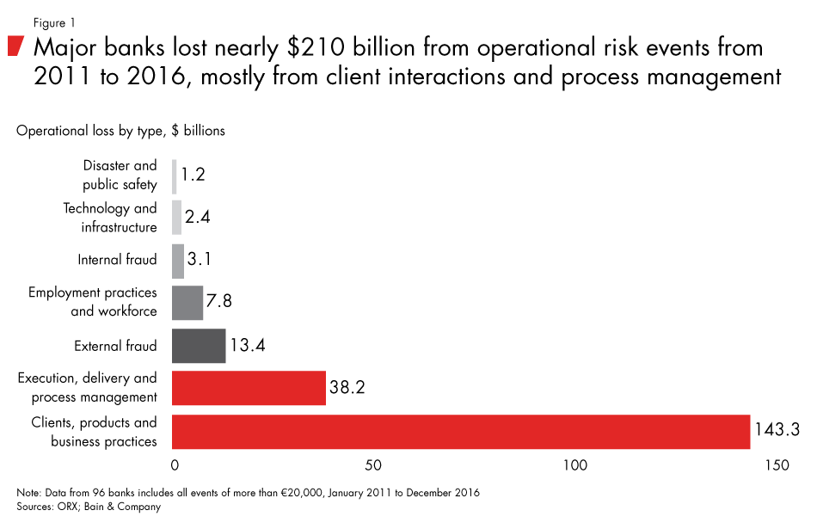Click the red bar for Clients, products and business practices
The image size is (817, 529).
[461, 432]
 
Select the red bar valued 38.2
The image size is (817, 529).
[249, 388]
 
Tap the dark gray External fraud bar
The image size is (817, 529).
[199, 346]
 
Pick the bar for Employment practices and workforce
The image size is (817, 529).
[187, 303]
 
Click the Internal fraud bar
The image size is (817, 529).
[178, 261]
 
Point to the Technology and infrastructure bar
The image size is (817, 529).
[177, 218]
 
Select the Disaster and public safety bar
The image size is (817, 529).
[175, 176]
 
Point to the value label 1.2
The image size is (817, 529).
[193, 175]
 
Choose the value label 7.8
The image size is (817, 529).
[219, 303]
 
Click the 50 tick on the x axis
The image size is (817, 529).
[373, 465]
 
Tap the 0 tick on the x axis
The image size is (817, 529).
[175, 465]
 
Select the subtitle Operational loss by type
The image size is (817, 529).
[120, 131]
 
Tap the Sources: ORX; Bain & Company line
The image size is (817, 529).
[89, 507]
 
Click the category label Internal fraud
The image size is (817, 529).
[117, 260]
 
